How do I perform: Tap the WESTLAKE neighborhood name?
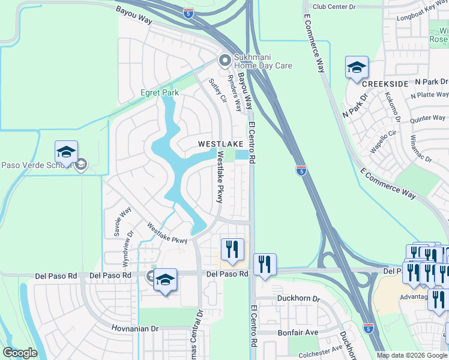[221, 144]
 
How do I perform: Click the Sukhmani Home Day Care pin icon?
[225, 60]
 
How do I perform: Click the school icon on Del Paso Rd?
[165, 280]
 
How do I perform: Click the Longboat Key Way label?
[423, 14]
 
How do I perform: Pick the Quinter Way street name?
[427, 119]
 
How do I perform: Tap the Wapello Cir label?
[385, 141]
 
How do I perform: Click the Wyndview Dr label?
[127, 248]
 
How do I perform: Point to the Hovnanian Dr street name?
[134, 329]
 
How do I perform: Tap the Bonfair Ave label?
[298, 332]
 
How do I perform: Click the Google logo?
[20, 353]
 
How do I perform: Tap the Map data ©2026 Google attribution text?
[412, 355]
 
